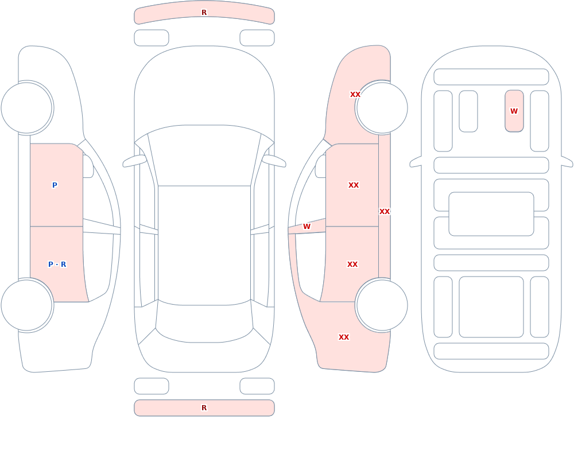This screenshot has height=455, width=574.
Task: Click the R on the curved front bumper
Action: (204, 13)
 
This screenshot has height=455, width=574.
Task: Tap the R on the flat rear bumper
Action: (204, 408)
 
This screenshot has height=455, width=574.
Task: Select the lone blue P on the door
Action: (55, 185)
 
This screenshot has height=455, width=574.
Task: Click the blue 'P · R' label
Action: (57, 265)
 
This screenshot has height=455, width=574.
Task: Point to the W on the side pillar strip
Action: (307, 227)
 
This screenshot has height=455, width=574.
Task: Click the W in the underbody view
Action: (514, 111)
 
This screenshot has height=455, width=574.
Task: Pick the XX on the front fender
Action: (355, 95)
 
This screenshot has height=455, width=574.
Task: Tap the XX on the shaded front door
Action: (353, 185)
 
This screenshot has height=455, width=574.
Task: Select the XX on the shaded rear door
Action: (352, 265)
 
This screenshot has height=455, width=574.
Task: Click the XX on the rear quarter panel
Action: (343, 337)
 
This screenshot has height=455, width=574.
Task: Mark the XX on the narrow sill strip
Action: (385, 212)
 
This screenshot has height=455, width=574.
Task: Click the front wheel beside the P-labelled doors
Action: (27, 108)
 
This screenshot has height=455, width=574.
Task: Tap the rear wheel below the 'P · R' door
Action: (27, 305)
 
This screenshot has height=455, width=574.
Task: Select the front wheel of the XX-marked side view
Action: (382, 108)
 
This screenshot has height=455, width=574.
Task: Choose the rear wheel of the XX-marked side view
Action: (382, 305)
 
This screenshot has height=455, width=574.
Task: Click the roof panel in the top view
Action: (204, 245)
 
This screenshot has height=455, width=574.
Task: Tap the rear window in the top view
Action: (204, 322)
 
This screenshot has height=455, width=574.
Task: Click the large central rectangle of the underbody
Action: (491, 214)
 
